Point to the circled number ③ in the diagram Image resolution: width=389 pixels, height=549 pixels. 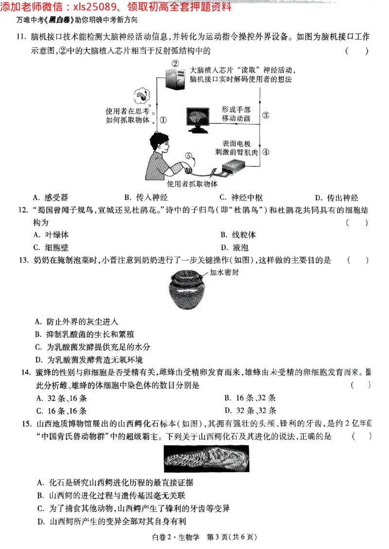point(265,115)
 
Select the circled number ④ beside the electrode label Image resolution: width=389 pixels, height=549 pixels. point(265,151)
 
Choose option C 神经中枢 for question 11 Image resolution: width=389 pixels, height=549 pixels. point(241,198)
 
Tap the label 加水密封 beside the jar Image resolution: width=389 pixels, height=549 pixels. point(225,272)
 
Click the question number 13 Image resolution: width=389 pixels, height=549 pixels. point(24,260)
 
